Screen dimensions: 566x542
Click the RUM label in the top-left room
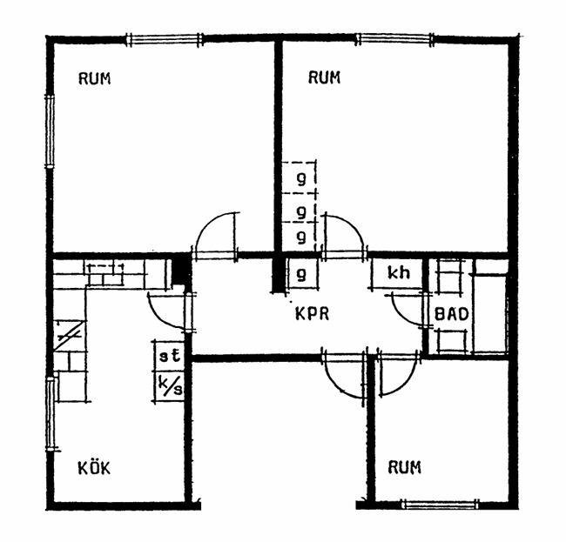pos(95,78)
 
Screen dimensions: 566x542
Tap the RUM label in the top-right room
pos(324,77)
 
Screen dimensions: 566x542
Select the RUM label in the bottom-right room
pos(404,467)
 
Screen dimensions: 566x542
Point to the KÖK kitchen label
pos(94,468)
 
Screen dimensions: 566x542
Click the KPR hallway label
pos(313,314)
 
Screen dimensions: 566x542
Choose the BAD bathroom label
pos(452,314)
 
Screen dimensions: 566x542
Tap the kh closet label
pos(399,273)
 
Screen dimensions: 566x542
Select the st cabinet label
pos(170,356)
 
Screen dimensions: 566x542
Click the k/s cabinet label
pos(171,386)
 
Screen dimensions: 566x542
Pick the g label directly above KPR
pos(301,275)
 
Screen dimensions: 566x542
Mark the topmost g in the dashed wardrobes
pos(301,178)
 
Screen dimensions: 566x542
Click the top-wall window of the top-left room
pos(165,39)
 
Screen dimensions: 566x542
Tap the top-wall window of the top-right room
pos(395,39)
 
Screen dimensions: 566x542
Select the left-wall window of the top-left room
pos(50,131)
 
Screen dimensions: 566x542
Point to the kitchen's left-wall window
pos(51,413)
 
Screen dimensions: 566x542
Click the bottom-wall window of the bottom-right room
pos(441,504)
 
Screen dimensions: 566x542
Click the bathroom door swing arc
pos(400,315)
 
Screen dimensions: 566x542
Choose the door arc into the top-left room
pos(206,221)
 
